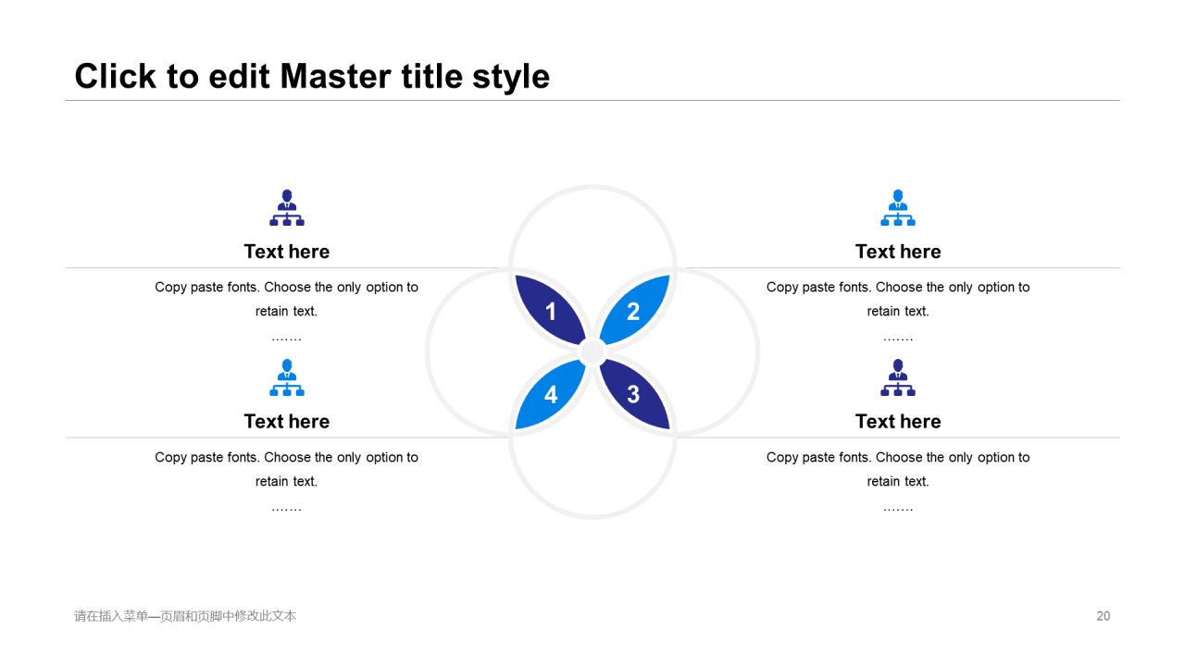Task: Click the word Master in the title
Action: coord(335,76)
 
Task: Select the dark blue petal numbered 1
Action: coord(551,310)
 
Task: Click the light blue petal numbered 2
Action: coord(634,310)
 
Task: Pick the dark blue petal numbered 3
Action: coord(634,394)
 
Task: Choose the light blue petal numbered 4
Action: coord(551,394)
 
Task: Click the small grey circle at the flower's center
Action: coord(592,352)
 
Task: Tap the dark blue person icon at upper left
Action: coord(287,208)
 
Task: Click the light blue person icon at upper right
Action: coord(898,208)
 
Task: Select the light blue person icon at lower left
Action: coord(287,377)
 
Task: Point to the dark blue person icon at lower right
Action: coord(898,377)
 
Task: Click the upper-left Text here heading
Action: coord(287,252)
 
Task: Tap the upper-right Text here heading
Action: coord(898,252)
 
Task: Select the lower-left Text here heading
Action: coord(287,421)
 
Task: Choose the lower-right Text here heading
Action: coord(898,421)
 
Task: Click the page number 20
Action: coord(1103,616)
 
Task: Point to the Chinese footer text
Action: coord(185,616)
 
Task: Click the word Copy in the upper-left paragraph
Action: coord(170,288)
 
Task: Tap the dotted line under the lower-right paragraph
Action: coord(898,510)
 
